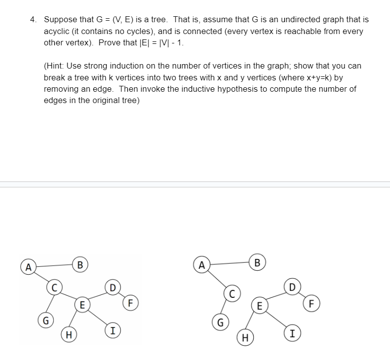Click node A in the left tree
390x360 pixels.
[x=29, y=268]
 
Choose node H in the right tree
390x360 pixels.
[x=245, y=338]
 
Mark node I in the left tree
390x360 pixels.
[x=113, y=330]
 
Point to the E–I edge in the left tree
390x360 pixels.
[x=97, y=317]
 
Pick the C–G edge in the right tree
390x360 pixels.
[x=226, y=308]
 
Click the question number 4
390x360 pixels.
[x=33, y=20]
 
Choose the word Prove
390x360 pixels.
[x=111, y=42]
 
